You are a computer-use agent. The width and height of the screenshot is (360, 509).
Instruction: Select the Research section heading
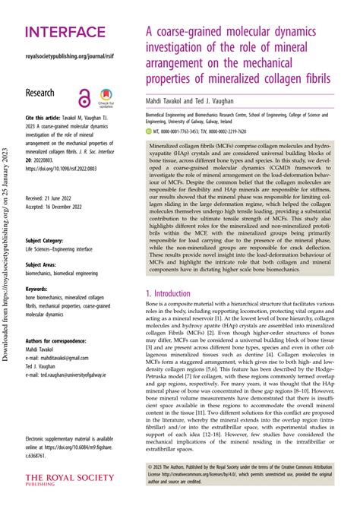(47, 92)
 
